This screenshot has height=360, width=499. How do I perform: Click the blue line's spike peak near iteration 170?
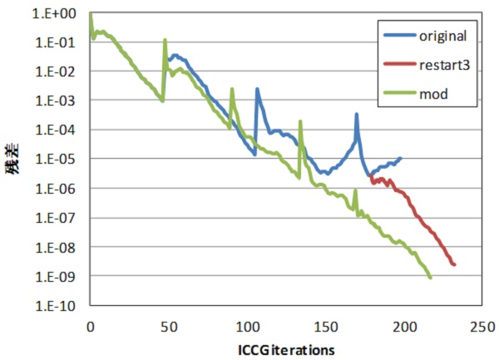click(x=356, y=114)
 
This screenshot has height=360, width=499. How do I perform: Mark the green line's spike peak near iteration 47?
click(x=165, y=39)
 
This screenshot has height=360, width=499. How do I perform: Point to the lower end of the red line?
click(x=455, y=264)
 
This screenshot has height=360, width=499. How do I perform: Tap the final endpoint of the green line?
click(x=431, y=278)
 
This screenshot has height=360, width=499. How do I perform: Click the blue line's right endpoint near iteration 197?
click(x=401, y=158)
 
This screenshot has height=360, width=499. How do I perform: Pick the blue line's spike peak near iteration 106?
click(x=257, y=88)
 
